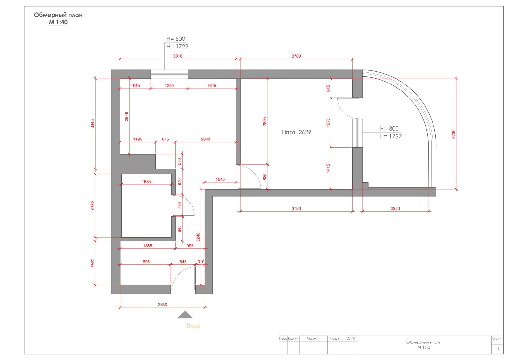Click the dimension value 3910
(178, 56)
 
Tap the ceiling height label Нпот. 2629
(296, 132)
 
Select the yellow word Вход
(193, 326)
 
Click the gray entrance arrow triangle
(185, 314)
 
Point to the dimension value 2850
(163, 305)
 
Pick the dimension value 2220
(395, 208)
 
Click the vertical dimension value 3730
(453, 134)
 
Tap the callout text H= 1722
(177, 47)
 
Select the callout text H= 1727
(391, 136)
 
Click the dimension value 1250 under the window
(169, 86)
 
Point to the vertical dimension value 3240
(198, 237)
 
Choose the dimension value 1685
(146, 182)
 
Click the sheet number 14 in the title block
(497, 349)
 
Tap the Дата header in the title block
(352, 338)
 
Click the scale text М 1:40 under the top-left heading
(58, 22)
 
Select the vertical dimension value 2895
(264, 122)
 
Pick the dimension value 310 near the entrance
(201, 262)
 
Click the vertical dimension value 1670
(328, 123)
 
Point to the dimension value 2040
(206, 139)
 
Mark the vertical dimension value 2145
(92, 205)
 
